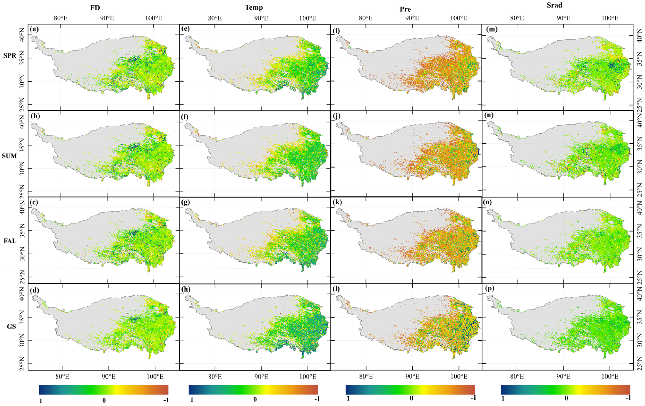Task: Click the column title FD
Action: click(x=95, y=8)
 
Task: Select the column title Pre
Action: click(x=405, y=9)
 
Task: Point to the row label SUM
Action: click(x=9, y=156)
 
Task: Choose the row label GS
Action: click(x=11, y=326)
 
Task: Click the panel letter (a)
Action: click(x=34, y=29)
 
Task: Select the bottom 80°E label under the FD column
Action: click(x=62, y=377)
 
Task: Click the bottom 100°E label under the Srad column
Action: click(x=610, y=377)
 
